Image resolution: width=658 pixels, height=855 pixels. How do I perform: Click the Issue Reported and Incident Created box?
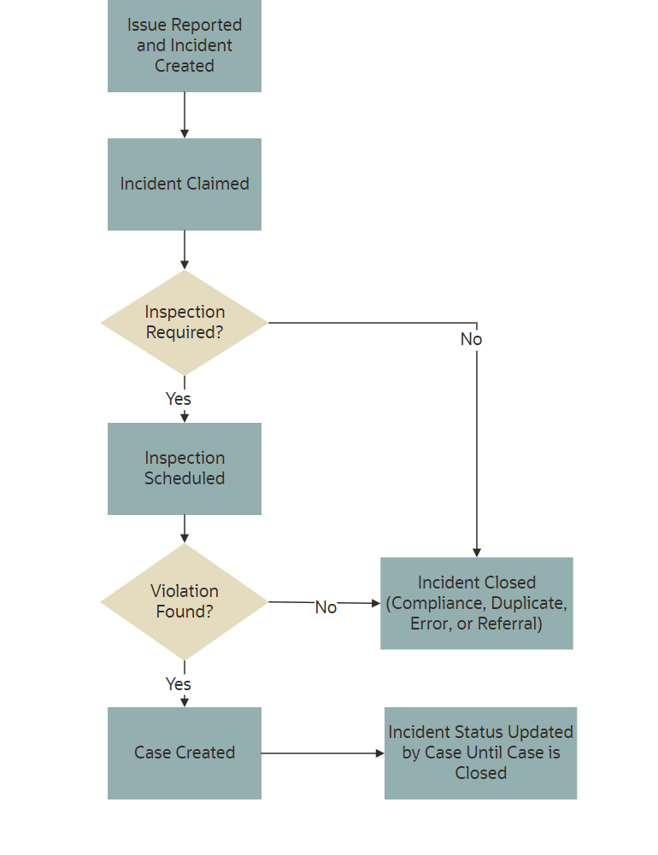(x=185, y=45)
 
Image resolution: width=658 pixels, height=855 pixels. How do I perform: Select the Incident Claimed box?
(x=185, y=184)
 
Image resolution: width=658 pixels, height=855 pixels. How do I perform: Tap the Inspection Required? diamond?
(x=185, y=323)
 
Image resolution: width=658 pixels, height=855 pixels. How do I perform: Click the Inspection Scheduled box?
(x=185, y=469)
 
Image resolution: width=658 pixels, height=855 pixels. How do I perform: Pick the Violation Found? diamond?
(x=185, y=602)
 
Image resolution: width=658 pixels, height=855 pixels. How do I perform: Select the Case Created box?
(x=185, y=753)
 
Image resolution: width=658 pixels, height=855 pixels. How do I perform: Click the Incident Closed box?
(x=476, y=603)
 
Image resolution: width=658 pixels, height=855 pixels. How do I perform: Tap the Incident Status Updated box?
(x=480, y=753)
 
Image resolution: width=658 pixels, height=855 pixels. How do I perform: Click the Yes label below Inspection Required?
(x=178, y=399)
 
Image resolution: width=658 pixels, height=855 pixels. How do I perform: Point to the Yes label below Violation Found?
(x=178, y=684)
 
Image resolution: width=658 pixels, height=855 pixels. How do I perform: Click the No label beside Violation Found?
(x=326, y=607)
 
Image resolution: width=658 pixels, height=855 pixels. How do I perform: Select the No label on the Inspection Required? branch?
(x=471, y=339)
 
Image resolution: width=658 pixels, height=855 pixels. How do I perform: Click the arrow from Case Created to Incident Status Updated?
(x=322, y=753)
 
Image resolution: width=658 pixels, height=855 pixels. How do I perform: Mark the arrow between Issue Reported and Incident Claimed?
(x=185, y=115)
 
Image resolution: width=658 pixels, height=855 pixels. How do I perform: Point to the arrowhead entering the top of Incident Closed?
(x=477, y=552)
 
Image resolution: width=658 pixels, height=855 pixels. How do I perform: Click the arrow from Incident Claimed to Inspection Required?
(x=185, y=250)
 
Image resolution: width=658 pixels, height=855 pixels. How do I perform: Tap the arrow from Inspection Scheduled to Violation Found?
(x=185, y=530)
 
